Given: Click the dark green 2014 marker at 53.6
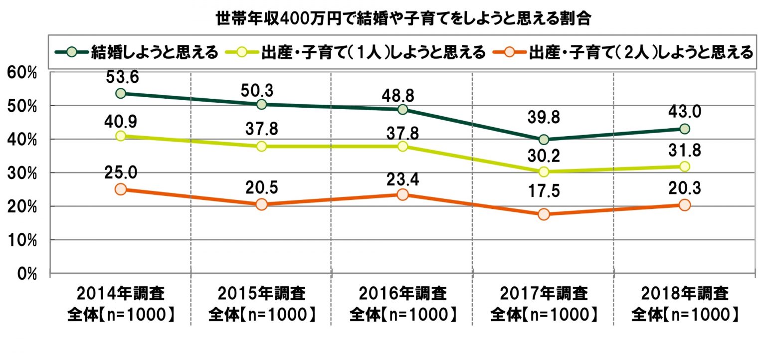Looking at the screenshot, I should [120, 93].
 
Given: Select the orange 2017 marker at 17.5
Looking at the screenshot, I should [544, 214].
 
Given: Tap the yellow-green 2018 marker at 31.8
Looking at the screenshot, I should [685, 166].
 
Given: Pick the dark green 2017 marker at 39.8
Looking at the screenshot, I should [544, 139].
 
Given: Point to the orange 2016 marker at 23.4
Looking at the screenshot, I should [402, 194].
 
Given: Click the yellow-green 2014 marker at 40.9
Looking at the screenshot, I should [120, 136].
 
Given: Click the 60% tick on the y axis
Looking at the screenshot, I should [22, 73].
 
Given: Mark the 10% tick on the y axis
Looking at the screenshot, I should [22, 240].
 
